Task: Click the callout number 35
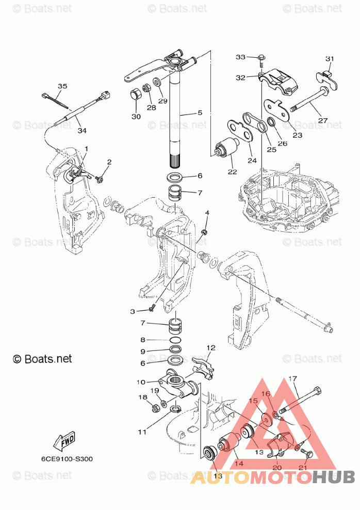62,86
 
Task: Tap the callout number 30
136,117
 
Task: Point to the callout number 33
241,56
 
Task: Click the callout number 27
323,120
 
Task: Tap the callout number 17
293,379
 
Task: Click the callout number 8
143,340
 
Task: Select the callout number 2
109,162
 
